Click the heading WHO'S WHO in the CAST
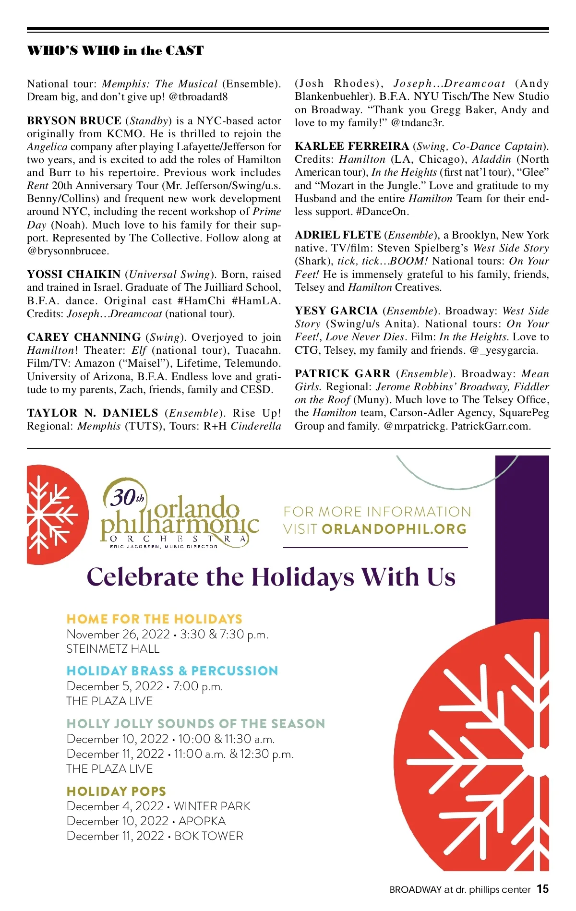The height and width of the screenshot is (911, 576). (115, 50)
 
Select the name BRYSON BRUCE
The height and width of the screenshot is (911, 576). (74, 120)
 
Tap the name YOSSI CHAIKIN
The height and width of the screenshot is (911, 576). (73, 275)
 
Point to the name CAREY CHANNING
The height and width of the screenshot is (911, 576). (84, 337)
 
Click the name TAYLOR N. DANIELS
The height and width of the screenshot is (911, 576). (93, 413)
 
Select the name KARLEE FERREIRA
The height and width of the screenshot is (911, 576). (351, 146)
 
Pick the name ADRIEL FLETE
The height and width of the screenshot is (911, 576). (337, 235)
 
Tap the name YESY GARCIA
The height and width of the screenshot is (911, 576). (336, 311)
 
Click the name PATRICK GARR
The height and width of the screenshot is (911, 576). (342, 373)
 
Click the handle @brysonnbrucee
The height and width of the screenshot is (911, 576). (68, 251)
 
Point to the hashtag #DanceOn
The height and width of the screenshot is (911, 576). (382, 212)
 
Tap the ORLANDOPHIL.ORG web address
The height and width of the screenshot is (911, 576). (394, 529)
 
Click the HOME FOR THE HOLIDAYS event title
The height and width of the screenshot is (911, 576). (154, 619)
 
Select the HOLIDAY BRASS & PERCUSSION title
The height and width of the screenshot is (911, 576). (172, 671)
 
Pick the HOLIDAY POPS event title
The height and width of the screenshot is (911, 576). (116, 791)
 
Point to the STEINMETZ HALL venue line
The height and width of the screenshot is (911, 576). (113, 649)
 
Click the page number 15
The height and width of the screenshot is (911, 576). (542, 889)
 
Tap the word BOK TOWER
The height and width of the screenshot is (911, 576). (209, 836)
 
